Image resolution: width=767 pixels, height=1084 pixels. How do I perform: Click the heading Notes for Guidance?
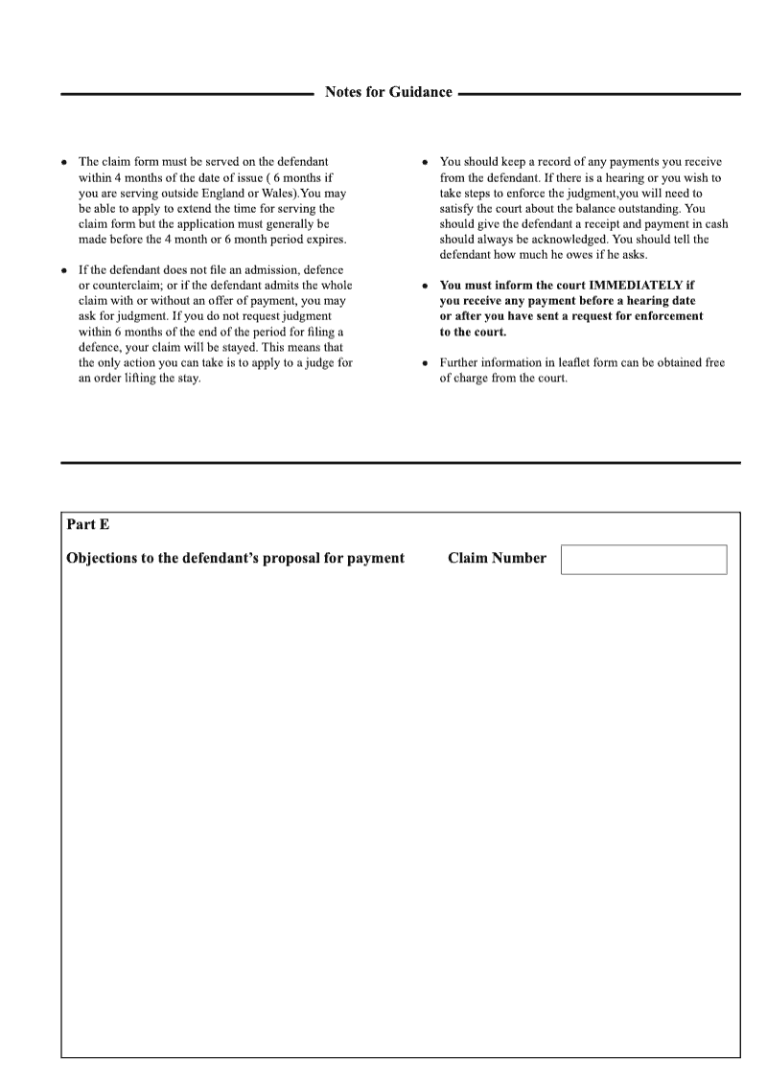(x=388, y=93)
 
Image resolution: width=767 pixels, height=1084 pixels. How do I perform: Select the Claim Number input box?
(x=643, y=560)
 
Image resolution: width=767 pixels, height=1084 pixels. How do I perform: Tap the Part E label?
(x=87, y=523)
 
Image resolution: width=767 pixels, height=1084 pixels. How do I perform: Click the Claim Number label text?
(x=497, y=558)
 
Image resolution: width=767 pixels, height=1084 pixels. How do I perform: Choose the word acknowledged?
(x=552, y=239)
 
